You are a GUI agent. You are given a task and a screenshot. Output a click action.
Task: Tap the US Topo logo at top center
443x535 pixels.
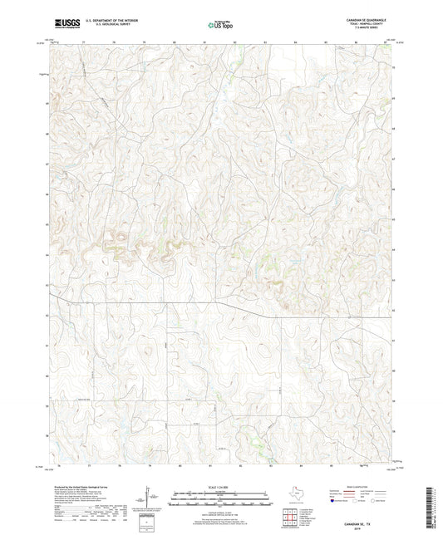[220, 27]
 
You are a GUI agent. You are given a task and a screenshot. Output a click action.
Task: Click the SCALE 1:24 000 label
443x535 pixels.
[220, 488]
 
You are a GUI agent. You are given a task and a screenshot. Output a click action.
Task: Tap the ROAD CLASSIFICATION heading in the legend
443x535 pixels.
[353, 488]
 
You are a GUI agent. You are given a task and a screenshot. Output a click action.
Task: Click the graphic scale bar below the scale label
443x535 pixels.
[220, 501]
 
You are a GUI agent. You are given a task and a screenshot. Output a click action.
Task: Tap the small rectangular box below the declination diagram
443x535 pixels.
[148, 523]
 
